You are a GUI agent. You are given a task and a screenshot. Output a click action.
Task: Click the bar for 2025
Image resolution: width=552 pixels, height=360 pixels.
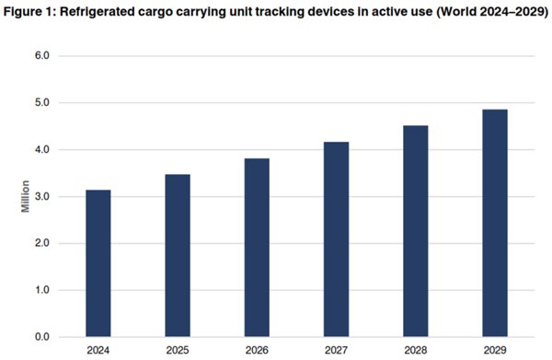178,255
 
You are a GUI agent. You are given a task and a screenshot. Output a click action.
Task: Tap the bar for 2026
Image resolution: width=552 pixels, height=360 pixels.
257,248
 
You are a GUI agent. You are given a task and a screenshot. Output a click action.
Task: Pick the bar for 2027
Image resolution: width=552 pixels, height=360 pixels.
336,239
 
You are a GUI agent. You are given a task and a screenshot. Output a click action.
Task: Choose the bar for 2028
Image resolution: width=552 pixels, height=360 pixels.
415,231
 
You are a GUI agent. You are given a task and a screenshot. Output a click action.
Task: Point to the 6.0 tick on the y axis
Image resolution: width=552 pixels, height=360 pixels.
42,56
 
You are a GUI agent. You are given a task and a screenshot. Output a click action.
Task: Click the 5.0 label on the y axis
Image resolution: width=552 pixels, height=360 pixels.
42,103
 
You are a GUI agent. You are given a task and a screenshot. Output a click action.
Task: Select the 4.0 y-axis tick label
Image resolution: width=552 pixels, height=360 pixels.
42,150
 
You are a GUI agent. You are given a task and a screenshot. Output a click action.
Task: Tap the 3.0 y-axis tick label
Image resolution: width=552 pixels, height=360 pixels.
42,197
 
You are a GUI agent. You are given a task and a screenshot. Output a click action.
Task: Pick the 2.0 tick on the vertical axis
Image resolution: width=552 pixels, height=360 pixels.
42,244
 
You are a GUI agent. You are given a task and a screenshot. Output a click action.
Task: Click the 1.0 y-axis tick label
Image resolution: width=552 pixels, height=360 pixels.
42,291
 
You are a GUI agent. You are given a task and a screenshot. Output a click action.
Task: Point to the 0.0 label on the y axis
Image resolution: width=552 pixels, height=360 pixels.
42,337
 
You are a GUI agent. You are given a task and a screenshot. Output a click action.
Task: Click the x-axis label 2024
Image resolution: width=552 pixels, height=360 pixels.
98,351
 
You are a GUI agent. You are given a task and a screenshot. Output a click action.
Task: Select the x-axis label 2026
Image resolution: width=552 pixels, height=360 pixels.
257,351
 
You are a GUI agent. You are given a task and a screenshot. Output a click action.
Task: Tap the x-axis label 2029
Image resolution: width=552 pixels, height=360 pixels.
494,351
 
